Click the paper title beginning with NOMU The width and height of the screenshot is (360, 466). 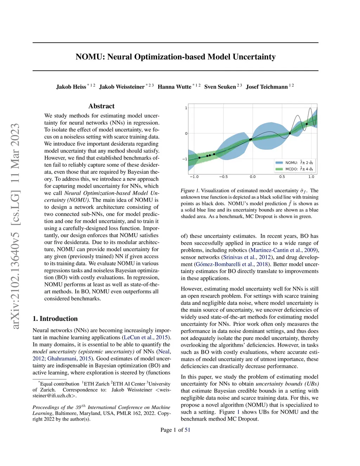click(x=175, y=57)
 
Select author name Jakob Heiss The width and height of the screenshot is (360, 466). click(x=71, y=87)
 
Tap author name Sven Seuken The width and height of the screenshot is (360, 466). click(x=220, y=87)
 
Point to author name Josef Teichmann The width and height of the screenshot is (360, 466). click(x=267, y=87)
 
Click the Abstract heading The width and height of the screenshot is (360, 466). click(x=101, y=106)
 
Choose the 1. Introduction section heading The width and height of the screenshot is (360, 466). click(x=55, y=319)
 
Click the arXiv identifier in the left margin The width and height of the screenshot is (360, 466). click(x=15, y=226)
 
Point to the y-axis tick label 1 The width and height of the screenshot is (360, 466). click(x=186, y=108)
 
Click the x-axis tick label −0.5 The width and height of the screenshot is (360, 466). click(x=223, y=177)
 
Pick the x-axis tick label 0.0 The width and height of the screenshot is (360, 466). click(x=253, y=177)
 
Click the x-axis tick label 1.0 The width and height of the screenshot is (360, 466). click(x=311, y=177)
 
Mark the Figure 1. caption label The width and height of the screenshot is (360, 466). click(x=190, y=191)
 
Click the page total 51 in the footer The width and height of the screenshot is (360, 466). click(x=187, y=430)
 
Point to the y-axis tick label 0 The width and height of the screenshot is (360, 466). click(x=186, y=134)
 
